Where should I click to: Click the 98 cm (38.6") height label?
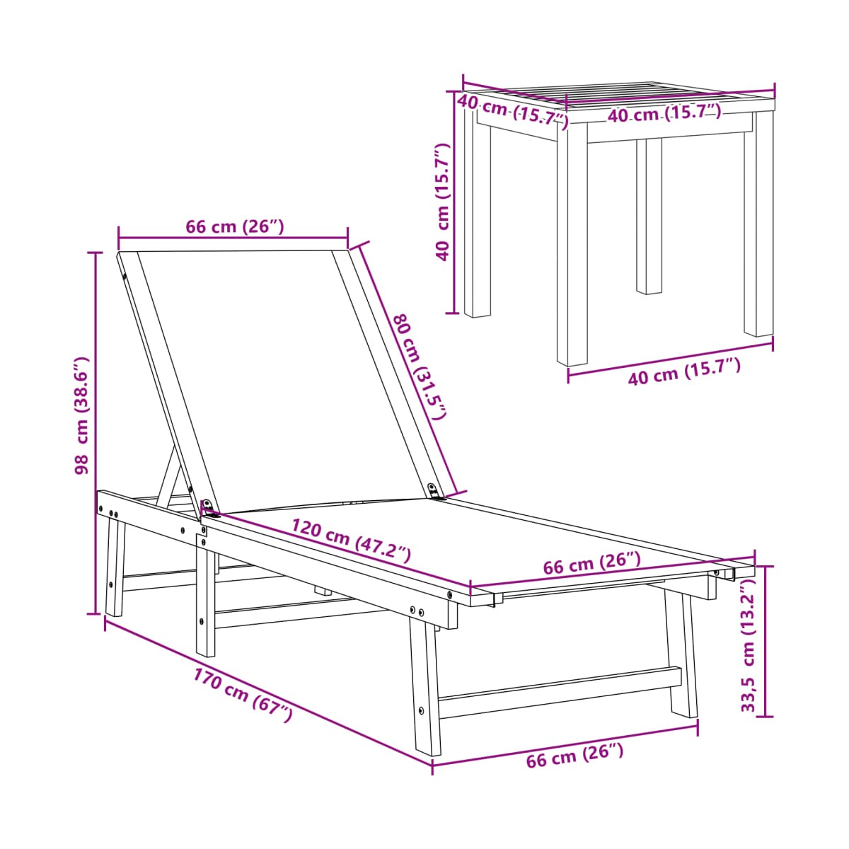click(82, 415)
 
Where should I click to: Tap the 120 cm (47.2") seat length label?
click(351, 541)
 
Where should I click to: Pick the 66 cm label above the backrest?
click(235, 227)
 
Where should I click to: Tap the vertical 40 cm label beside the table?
click(442, 202)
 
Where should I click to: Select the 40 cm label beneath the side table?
click(684, 373)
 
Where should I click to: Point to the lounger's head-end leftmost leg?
click(115, 568)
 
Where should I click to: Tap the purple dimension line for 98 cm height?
click(96, 433)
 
